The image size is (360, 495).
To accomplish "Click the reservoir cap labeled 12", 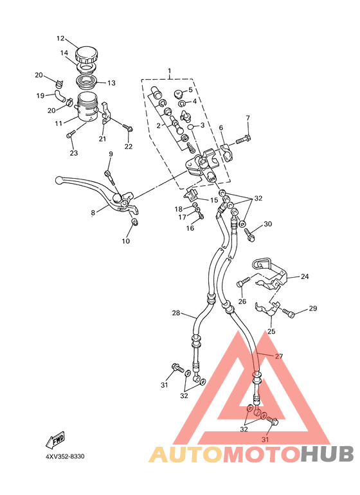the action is click(x=87, y=55).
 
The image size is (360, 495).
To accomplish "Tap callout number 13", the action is click(x=111, y=83).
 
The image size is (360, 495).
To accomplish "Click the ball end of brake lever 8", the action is click(x=59, y=180).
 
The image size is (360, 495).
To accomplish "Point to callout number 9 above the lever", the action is click(x=111, y=154).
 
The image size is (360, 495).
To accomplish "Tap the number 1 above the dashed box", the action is click(x=170, y=70).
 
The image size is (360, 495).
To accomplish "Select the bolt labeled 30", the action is click(x=249, y=235).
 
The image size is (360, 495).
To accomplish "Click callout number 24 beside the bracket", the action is click(x=305, y=276).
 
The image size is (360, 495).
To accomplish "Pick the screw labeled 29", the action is click(x=288, y=312).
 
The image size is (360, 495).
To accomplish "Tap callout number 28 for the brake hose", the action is click(x=176, y=313).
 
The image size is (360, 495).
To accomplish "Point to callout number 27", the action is click(x=279, y=356).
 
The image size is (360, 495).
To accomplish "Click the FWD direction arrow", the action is click(x=55, y=439).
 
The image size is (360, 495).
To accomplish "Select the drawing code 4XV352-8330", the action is click(x=65, y=456).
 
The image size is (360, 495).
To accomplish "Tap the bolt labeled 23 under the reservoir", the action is click(x=70, y=135).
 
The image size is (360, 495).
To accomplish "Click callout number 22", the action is click(x=129, y=147).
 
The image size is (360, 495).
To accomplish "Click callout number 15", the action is click(x=214, y=200).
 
